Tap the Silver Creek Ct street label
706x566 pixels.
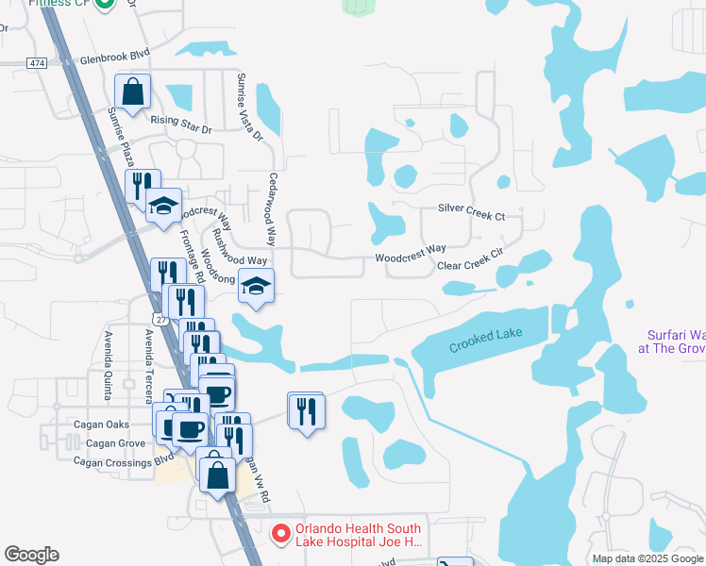click(x=471, y=212)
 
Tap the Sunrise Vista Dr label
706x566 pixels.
click(x=249, y=108)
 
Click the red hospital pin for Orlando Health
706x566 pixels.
click(x=280, y=534)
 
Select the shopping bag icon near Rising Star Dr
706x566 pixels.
click(x=133, y=93)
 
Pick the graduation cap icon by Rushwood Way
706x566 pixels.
click(x=256, y=285)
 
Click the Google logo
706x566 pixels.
click(x=31, y=555)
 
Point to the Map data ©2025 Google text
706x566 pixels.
click(x=647, y=558)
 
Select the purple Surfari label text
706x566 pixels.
click(x=675, y=341)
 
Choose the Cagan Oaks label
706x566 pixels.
click(x=102, y=424)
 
